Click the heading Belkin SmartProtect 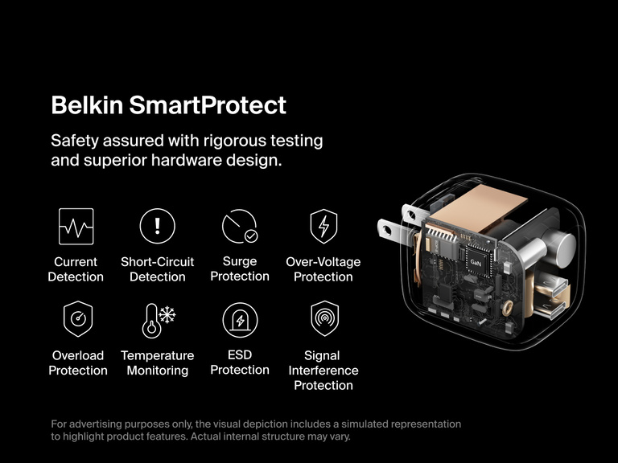168,105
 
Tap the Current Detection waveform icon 76,226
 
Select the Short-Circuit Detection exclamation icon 158,226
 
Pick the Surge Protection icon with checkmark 240,226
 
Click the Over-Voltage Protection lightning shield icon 323,226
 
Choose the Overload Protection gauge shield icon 78,319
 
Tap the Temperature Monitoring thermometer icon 158,319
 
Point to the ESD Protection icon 240,319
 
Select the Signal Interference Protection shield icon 323,319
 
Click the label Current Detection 76,269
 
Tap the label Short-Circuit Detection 158,269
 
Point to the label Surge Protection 240,268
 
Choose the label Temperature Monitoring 158,363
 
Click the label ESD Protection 240,362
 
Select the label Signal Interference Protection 323,370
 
